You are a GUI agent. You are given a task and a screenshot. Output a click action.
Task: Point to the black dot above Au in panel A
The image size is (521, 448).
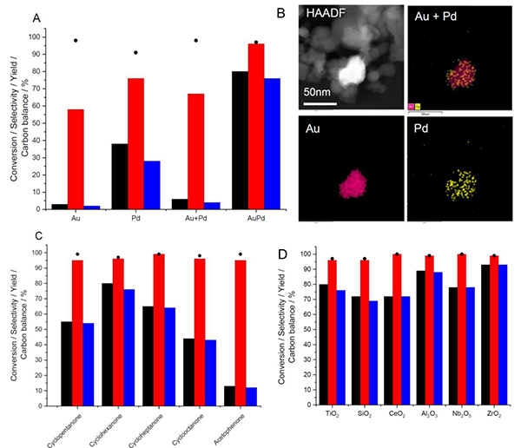click(76, 41)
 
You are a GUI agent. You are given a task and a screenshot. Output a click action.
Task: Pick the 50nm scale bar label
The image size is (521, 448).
click(320, 91)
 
